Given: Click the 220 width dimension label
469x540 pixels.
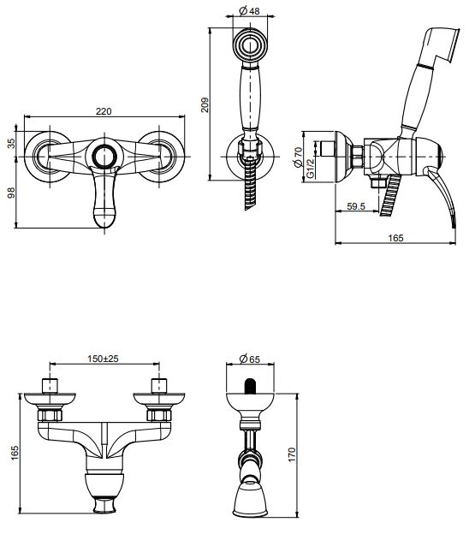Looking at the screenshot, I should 104,111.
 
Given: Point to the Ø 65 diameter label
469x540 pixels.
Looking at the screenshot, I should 250,360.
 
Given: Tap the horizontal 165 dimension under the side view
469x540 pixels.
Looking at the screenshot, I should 396,238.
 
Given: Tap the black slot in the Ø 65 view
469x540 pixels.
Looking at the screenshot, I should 250,385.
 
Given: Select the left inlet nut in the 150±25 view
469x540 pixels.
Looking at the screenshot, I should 50,415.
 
